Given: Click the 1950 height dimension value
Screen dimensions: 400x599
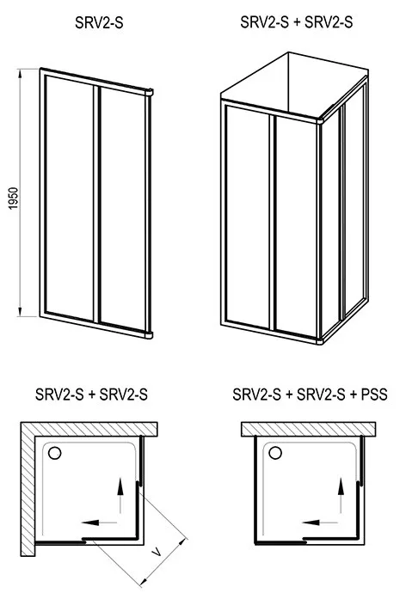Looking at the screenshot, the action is [13, 199].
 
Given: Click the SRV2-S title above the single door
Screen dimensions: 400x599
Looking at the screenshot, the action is [99, 23].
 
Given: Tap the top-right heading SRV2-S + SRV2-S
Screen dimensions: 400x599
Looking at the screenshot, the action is [297, 22].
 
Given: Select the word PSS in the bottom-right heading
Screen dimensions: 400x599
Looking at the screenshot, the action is [374, 394].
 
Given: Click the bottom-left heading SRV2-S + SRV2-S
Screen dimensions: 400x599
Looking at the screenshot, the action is [91, 394].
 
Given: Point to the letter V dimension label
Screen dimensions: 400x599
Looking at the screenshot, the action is [157, 551].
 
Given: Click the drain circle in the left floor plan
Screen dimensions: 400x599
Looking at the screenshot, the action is [55, 453].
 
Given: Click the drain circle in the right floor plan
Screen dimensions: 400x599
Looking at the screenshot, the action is [275, 453].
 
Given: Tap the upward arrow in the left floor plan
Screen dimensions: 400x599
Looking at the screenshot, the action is [120, 496].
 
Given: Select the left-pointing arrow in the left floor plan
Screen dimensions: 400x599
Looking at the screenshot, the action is [100, 523].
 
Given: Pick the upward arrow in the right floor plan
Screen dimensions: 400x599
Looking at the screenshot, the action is [341, 495].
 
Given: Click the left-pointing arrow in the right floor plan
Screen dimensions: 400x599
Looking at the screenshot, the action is [320, 523].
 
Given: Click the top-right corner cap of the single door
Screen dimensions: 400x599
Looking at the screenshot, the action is [149, 92].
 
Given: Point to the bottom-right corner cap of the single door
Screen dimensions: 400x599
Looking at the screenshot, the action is [149, 335].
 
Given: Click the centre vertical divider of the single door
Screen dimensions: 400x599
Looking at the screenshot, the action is [96, 205].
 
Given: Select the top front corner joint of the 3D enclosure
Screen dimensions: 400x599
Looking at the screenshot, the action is [319, 120].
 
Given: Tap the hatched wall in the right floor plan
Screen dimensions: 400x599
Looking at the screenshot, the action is [308, 429].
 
